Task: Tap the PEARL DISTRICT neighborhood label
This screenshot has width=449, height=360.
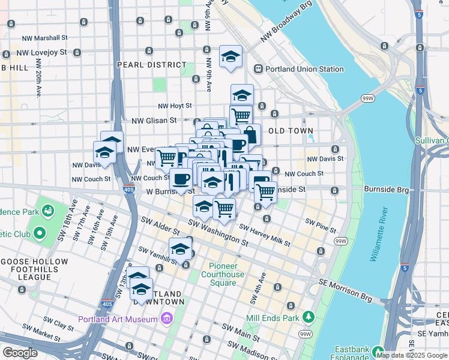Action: click(152, 65)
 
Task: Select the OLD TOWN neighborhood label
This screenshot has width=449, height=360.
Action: click(291, 130)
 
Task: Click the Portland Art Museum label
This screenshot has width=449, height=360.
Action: click(117, 319)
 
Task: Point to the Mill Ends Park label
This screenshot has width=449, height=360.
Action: click(273, 317)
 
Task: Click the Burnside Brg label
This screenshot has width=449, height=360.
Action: click(386, 189)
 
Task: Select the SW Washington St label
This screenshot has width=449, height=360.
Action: click(218, 233)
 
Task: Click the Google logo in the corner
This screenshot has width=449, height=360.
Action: click(20, 353)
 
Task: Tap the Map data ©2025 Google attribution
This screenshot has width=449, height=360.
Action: click(411, 355)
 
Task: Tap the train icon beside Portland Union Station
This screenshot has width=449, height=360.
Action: click(259, 69)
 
